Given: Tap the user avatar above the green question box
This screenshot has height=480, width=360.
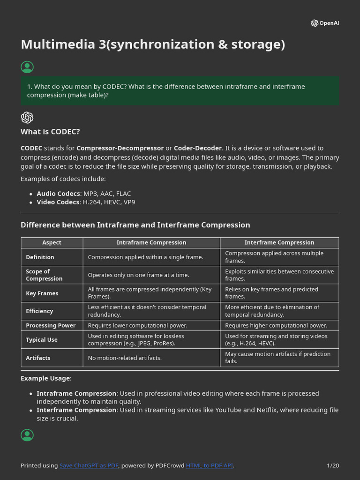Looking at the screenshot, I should coord(27,67).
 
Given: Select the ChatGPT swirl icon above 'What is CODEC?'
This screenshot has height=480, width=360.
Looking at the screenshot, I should coord(27,117).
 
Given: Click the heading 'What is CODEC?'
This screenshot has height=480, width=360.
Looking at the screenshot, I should coord(50,132).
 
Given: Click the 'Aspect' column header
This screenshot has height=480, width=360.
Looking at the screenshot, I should coord(52,242).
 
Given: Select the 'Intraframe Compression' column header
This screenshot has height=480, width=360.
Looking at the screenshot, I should coord(151,242).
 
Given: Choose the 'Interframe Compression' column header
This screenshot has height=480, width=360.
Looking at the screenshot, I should coord(279,242).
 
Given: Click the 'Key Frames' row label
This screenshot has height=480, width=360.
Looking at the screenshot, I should coord(42,293).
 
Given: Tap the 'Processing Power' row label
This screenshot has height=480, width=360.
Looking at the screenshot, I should coord(51,325).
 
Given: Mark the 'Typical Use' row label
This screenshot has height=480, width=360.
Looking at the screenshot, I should coord(42,340).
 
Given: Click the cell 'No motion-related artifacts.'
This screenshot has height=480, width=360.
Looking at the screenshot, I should coord(125,358).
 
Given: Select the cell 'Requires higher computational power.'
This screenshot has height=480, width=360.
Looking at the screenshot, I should coord(276,325).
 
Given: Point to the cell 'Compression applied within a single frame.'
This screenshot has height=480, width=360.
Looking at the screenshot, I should coord(145,257).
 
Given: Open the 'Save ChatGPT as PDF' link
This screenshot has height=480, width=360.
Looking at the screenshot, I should coord(89,465).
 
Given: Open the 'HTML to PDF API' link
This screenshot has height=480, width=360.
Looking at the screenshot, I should coord(210,465).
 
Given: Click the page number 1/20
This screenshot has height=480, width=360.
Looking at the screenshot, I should coord(333,465).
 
